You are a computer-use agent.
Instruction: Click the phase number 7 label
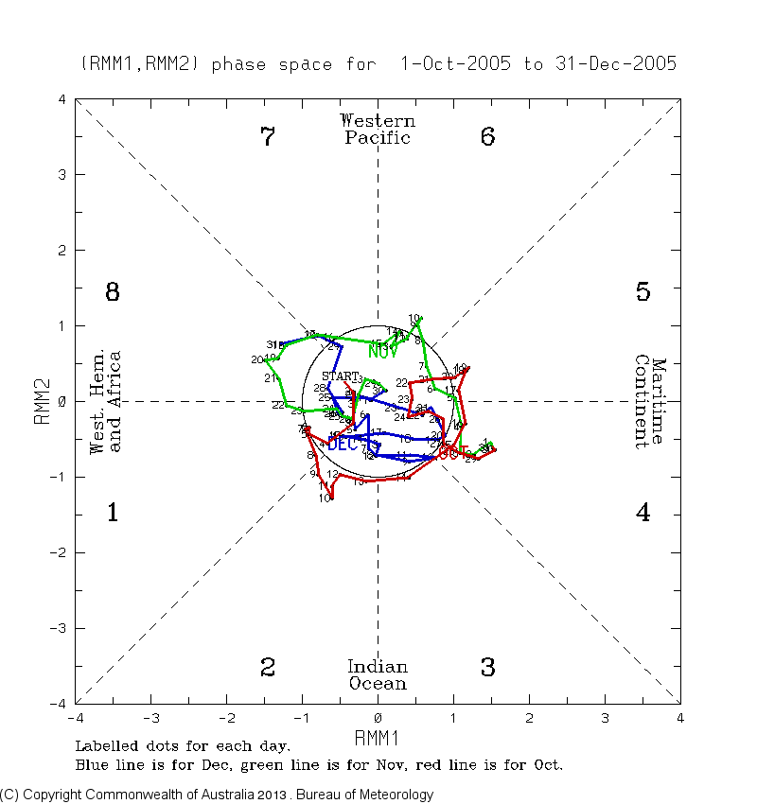pyautogui.click(x=268, y=137)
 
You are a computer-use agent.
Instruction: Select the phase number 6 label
pyautogui.click(x=487, y=137)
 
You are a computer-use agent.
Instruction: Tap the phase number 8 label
pyautogui.click(x=112, y=292)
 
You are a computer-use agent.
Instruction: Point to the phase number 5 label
pyautogui.click(x=643, y=292)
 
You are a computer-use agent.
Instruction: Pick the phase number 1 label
pyautogui.click(x=112, y=514)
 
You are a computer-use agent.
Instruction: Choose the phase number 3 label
pyautogui.click(x=487, y=668)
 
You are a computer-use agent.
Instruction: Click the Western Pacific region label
pyautogui.click(x=378, y=130)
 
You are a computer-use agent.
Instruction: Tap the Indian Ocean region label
pyautogui.click(x=378, y=675)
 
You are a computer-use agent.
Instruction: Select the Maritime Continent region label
pyautogui.click(x=652, y=402)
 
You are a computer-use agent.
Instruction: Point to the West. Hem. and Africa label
pyautogui.click(x=104, y=402)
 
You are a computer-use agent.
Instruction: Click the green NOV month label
pyautogui.click(x=383, y=351)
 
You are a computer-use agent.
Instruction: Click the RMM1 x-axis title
pyautogui.click(x=378, y=736)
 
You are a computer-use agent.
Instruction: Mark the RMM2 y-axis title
pyautogui.click(x=43, y=402)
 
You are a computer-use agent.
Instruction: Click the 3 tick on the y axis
pyautogui.click(x=61, y=175)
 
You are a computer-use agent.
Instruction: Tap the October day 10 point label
pyautogui.click(x=325, y=498)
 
